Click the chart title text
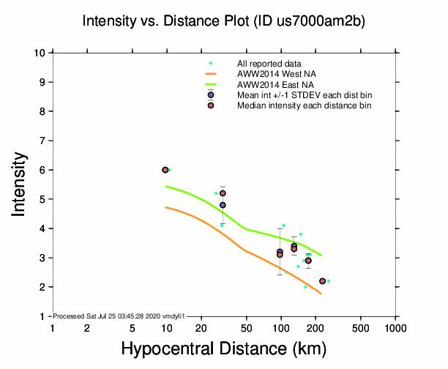[x=224, y=22]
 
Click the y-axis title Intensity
[x=20, y=184]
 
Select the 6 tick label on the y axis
[x=44, y=170]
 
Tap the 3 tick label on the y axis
[x=44, y=258]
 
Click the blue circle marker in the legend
[x=211, y=95]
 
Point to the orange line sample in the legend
[x=211, y=75]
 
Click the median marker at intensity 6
[x=165, y=170]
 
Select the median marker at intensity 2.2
[x=322, y=281]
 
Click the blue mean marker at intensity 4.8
[x=223, y=205]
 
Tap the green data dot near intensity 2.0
[x=305, y=287]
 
